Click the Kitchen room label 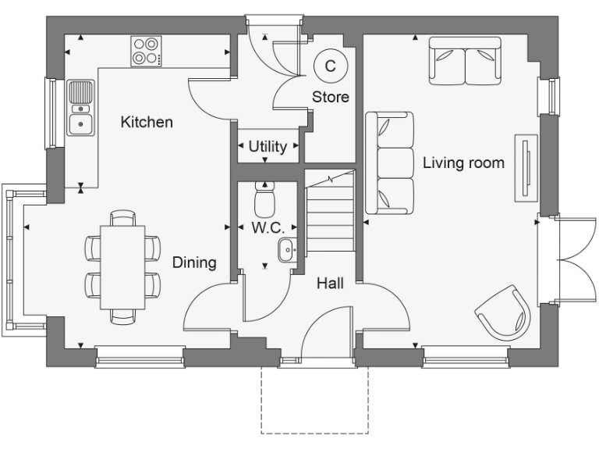point(147,123)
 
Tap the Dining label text point(194,262)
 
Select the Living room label point(463,163)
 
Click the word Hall point(330,284)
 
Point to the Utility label point(268,146)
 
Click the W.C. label point(266,229)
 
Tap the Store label point(330,97)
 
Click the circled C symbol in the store point(330,66)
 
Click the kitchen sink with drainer point(80,109)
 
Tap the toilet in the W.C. point(266,199)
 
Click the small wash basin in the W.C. point(285,250)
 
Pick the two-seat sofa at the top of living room point(464,63)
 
